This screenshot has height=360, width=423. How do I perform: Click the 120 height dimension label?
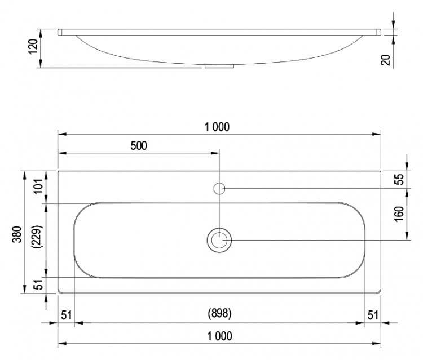point(33,46)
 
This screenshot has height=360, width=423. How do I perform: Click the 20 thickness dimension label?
point(386,60)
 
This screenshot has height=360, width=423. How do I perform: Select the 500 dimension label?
point(139,146)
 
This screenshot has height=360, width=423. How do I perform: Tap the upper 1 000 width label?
point(217,127)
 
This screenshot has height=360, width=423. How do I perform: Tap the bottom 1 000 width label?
point(219,336)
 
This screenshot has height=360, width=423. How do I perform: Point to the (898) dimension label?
point(219,313)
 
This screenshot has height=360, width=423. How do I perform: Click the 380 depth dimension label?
point(17,234)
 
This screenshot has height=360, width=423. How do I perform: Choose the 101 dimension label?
point(38,186)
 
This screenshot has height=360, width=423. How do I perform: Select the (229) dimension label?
point(37,237)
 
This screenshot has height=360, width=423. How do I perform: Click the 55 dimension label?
point(399,179)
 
